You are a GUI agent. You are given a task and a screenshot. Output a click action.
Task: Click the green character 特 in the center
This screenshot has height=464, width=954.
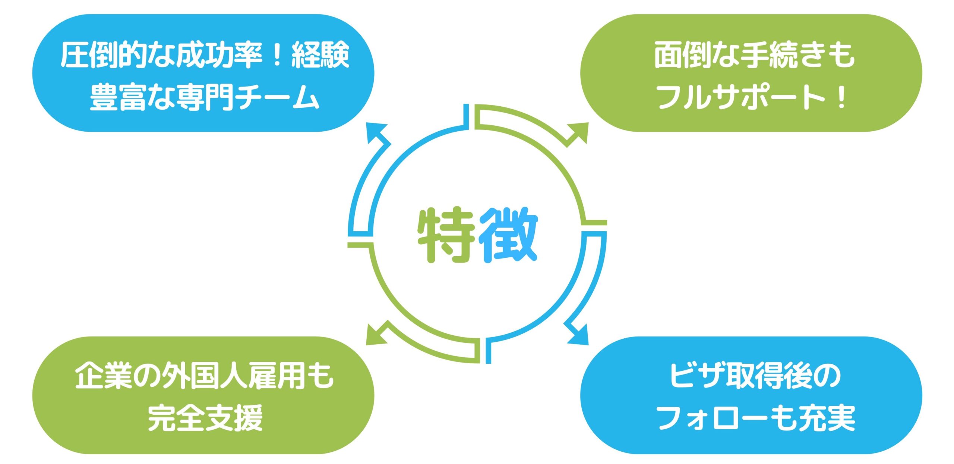(446, 235)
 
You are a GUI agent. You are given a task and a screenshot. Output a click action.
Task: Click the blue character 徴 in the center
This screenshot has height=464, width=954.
(508, 235)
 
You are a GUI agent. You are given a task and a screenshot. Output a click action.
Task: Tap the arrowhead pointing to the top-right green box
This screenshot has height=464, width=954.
(578, 134)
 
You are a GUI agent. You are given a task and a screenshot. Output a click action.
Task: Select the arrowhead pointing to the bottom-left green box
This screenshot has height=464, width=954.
(376, 333)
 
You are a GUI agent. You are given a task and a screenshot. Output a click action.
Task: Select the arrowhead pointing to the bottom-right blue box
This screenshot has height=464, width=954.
(578, 333)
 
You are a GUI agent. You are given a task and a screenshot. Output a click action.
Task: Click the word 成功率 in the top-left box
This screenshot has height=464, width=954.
(219, 55)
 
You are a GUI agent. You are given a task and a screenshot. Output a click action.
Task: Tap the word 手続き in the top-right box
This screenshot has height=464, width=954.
(783, 55)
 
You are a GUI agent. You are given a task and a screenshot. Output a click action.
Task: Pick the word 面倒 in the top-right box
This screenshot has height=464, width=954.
(683, 55)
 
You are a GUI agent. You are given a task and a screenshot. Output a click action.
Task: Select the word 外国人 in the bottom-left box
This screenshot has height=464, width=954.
(205, 376)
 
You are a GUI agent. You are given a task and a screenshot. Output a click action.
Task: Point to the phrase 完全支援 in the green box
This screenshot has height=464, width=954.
(205, 418)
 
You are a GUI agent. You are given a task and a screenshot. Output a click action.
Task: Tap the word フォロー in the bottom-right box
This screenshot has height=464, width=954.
(712, 418)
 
